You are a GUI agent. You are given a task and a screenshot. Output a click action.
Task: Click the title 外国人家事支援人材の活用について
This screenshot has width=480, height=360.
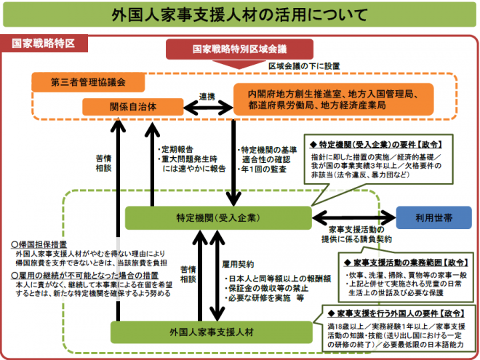(240, 16)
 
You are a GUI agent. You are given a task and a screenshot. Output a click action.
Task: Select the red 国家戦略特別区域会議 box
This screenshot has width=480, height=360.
(239, 49)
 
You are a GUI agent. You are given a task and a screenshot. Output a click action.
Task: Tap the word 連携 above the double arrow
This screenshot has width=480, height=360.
(207, 95)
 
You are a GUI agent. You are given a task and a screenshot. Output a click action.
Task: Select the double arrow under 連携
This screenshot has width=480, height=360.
(206, 107)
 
